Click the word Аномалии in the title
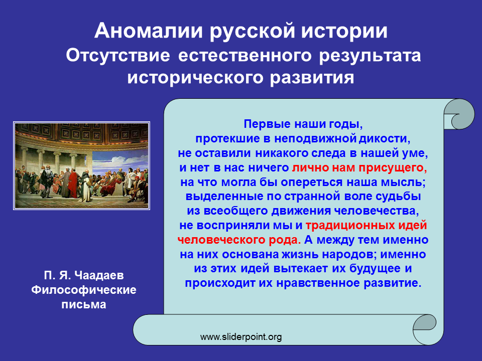click(149, 31)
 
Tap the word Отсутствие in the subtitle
click(117, 56)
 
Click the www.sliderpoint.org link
click(241, 337)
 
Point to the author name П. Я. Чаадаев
click(84, 275)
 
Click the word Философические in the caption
click(84, 290)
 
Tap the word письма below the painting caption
click(84, 304)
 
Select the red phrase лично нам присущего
click(359, 167)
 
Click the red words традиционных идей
click(367, 225)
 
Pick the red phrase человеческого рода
click(239, 240)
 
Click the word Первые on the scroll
click(267, 124)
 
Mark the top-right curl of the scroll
click(459, 114)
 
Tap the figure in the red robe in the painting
click(73, 184)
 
